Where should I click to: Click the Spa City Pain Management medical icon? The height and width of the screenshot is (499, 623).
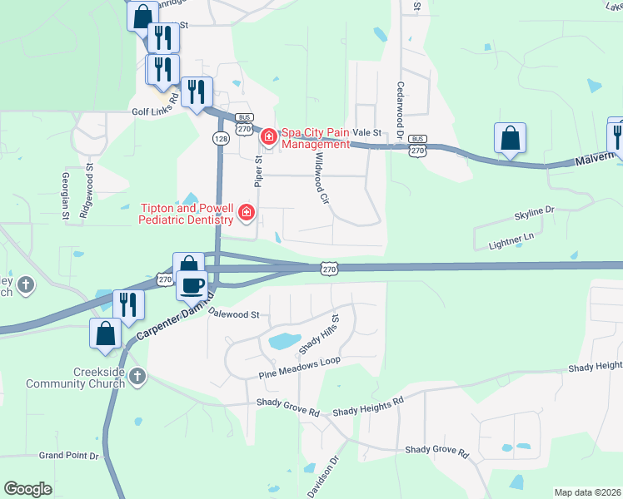pos(269,136)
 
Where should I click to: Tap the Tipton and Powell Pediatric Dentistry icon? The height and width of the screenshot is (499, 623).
pos(246,214)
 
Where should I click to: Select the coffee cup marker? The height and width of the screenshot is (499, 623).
pos(193,285)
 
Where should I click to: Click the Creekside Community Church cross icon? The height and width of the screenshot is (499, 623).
pos(137,378)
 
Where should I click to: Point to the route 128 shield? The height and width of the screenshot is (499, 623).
pos(221,139)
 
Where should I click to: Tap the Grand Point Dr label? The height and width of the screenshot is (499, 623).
pos(69,456)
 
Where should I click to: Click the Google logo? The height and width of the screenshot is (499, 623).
pos(27,489)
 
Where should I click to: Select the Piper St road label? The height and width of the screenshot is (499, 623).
pos(258,170)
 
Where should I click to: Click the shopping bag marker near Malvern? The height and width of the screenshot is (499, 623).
pos(510,139)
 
